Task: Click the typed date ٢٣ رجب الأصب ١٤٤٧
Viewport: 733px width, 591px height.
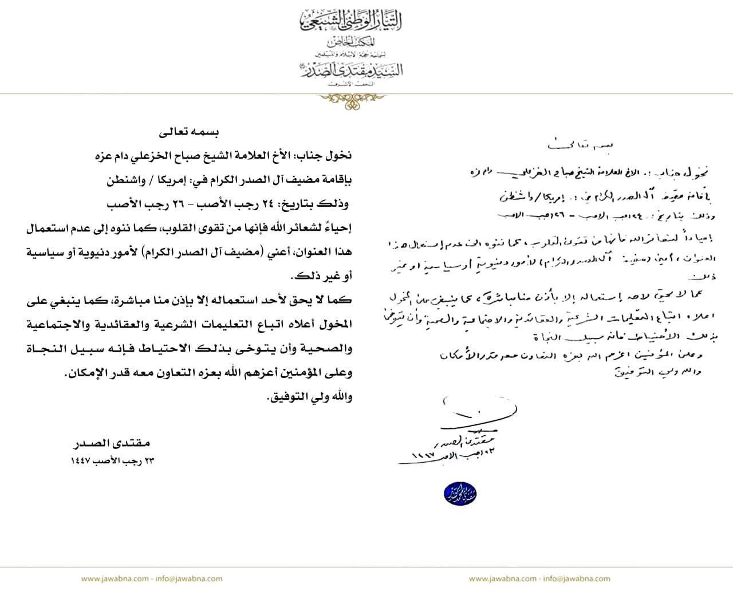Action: tap(113, 460)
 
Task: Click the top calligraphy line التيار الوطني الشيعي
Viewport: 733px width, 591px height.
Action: tap(351, 21)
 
